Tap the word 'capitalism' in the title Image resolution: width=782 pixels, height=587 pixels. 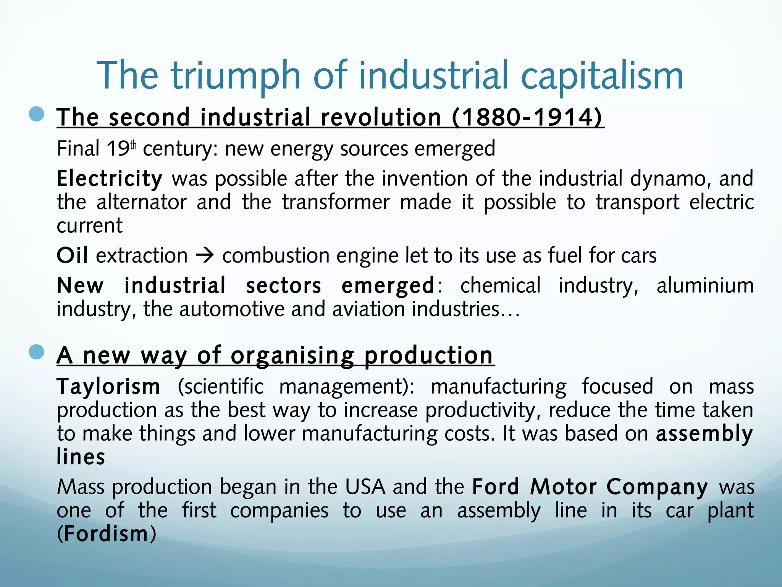[602, 76]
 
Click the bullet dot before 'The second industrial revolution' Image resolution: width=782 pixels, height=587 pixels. [37, 114]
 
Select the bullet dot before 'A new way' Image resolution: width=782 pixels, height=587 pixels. [37, 352]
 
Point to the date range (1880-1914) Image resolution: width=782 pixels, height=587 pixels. [527, 117]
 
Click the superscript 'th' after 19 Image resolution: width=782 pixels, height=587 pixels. [133, 145]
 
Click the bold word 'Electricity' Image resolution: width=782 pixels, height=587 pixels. [110, 179]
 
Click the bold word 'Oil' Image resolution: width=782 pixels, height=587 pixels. [72, 255]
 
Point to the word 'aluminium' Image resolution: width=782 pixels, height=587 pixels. [705, 285]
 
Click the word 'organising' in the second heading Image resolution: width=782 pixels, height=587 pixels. [292, 356]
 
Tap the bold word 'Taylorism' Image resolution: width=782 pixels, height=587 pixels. [108, 386]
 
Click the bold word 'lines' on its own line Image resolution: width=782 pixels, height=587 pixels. [81, 457]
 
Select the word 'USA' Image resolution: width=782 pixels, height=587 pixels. [365, 487]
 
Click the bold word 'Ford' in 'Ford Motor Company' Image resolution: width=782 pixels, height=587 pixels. [495, 487]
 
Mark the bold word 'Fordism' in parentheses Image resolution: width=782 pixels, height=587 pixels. [106, 534]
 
